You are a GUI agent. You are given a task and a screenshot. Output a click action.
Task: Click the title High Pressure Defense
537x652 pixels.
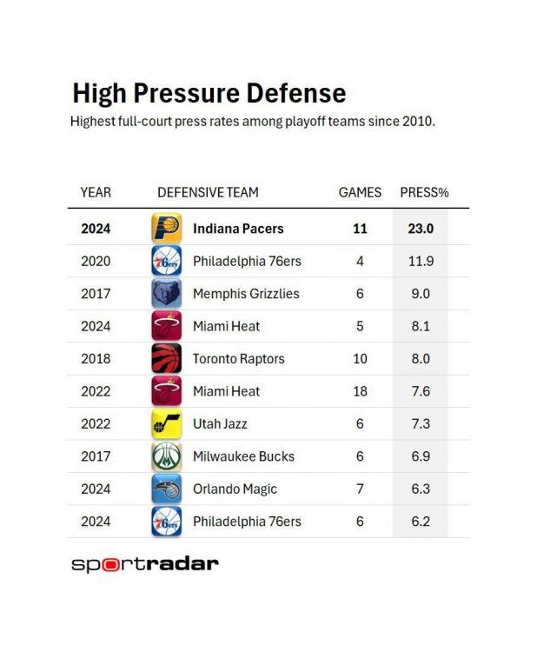[x=209, y=94]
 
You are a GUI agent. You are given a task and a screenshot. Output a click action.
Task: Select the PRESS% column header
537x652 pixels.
[x=424, y=192]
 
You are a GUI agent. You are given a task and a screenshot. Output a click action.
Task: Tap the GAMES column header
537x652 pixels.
[x=360, y=192]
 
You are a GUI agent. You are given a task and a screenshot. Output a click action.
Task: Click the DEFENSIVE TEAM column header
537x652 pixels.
[x=208, y=192]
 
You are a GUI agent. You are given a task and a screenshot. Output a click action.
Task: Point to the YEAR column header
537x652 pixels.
[x=96, y=192]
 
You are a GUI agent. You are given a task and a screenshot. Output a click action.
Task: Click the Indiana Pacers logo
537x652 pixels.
[x=166, y=229]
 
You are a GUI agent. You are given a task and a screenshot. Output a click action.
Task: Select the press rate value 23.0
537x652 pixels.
[x=422, y=229]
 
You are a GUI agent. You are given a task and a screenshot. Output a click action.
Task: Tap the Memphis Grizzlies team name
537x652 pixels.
[x=246, y=294]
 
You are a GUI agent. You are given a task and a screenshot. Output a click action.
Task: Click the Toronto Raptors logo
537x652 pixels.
[x=166, y=358]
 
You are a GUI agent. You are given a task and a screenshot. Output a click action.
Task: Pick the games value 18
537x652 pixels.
[x=360, y=391]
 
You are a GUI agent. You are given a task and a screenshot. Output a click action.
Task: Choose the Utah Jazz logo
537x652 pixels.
[x=166, y=423]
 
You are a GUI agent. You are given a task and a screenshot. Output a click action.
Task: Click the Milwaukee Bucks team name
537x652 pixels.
[x=243, y=456]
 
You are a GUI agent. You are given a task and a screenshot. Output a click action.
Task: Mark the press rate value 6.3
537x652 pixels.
[x=421, y=489]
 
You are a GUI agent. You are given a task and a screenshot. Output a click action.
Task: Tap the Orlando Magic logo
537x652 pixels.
[x=166, y=489]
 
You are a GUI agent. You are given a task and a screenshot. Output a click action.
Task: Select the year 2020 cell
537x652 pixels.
[x=96, y=261]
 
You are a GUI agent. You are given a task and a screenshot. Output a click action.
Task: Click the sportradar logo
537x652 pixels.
[x=144, y=564]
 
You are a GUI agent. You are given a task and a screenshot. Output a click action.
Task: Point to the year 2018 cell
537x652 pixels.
[x=96, y=358]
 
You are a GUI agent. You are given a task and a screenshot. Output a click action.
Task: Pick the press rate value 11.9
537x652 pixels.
[x=421, y=261]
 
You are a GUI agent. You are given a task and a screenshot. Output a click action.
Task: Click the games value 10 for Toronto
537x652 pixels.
[x=360, y=358]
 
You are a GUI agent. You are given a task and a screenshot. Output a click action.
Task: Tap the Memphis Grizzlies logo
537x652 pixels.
[x=166, y=294]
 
